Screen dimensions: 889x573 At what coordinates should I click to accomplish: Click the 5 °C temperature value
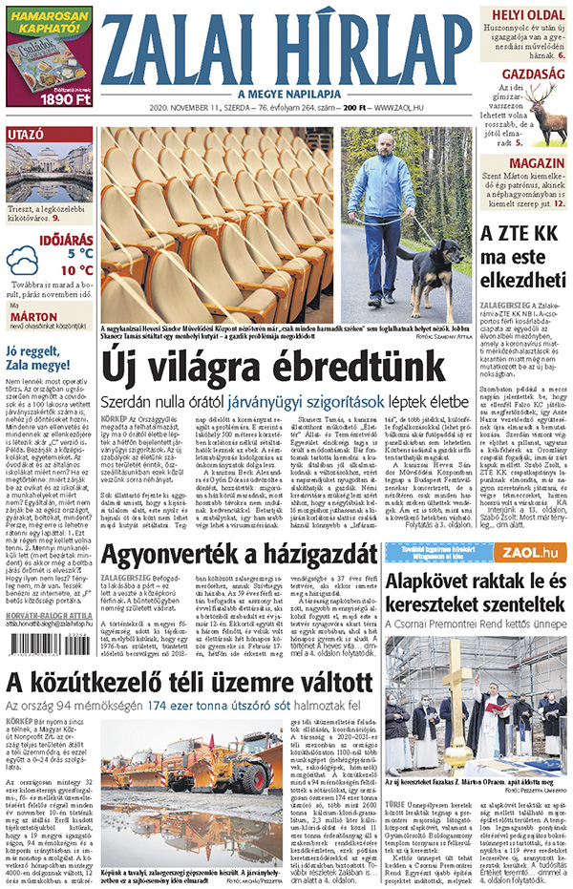pos(79,254)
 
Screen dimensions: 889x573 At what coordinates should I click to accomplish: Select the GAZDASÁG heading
pos(532,73)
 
